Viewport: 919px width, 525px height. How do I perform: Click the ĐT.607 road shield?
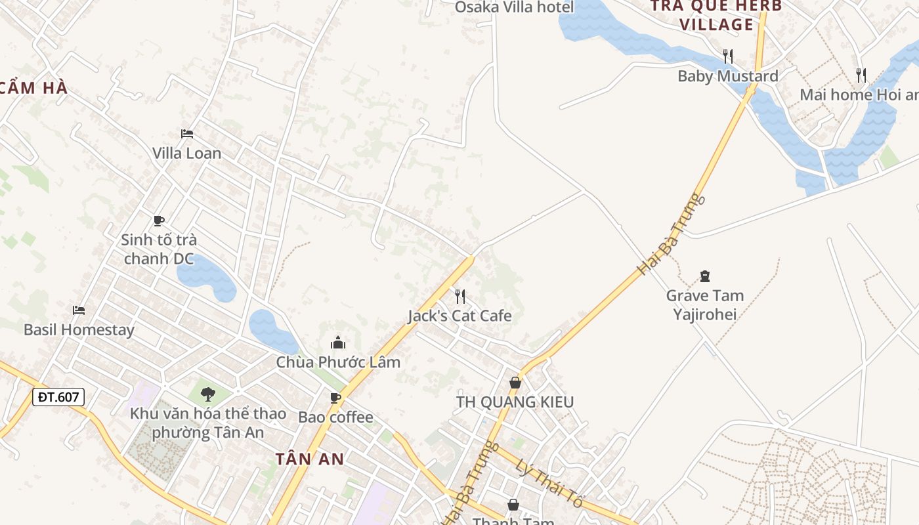pos(58,396)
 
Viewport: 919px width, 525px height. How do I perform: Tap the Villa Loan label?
pos(186,153)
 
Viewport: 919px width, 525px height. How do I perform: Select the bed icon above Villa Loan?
pos(187,134)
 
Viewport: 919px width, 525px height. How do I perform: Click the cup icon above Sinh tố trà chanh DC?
pos(158,220)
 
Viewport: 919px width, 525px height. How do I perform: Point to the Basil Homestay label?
pos(79,329)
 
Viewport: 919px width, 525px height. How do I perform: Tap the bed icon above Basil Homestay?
pos(79,310)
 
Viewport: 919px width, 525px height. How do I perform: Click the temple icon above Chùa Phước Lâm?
pos(338,343)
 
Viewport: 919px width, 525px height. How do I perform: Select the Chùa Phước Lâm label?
pos(338,362)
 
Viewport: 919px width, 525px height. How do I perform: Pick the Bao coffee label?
pos(335,417)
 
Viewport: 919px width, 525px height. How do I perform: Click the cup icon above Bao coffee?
pos(335,398)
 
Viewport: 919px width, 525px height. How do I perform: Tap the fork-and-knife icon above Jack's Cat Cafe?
pos(460,297)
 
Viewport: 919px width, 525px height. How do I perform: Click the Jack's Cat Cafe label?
pos(460,316)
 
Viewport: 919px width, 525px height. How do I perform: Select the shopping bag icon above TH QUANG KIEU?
pos(515,382)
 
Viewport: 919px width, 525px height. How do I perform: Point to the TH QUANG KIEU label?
pos(515,402)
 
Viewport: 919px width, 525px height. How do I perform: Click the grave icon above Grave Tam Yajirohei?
pos(705,276)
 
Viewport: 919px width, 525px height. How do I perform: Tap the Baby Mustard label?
pos(727,76)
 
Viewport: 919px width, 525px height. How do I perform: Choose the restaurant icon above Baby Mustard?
pos(727,56)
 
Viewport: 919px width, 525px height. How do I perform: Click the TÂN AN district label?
pos(310,459)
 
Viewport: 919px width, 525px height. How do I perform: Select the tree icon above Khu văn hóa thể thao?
pos(208,394)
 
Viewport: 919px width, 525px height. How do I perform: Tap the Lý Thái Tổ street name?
pos(550,484)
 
